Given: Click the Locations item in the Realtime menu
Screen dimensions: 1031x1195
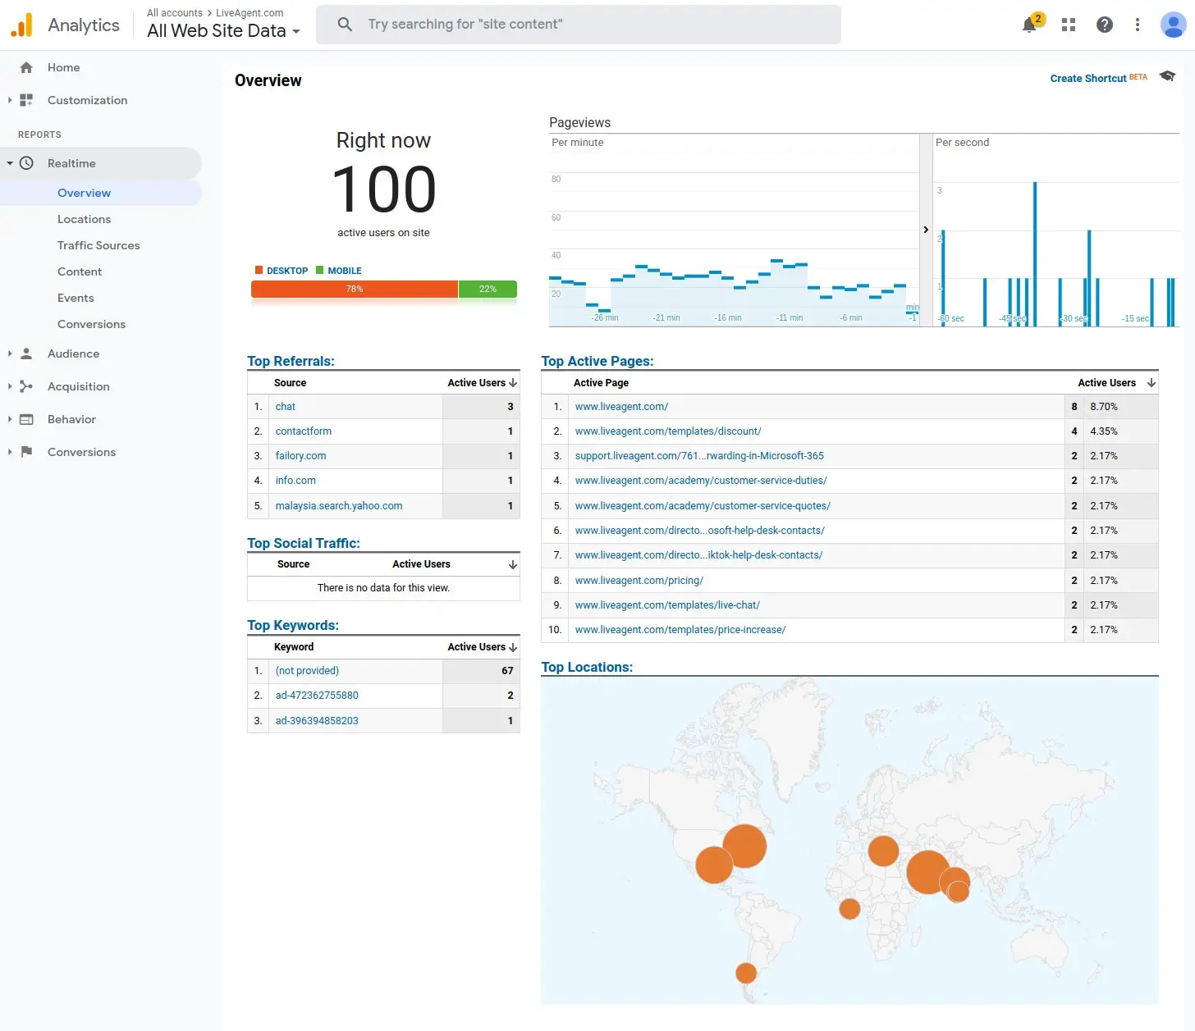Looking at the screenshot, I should pos(84,219).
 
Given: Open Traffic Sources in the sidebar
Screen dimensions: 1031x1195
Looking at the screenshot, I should pos(98,245).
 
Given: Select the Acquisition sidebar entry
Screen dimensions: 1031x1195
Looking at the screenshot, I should pos(78,386).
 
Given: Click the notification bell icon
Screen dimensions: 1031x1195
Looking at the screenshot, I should pos(1029,25).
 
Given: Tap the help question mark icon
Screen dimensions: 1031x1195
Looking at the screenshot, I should pos(1105,25).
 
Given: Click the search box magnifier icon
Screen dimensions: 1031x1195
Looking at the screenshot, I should pos(345,25).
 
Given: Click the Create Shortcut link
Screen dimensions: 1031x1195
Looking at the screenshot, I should pos(1087,79).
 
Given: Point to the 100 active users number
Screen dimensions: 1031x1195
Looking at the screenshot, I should pos(383,189).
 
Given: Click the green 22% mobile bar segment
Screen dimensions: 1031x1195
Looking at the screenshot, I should pos(488,289).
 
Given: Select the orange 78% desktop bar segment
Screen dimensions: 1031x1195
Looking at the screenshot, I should pos(354,289).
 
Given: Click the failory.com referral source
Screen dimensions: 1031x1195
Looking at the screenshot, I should pos(300,456).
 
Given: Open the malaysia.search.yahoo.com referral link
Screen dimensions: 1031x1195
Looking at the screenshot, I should pos(339,506).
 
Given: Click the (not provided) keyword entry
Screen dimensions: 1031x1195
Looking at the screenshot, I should pos(307,671).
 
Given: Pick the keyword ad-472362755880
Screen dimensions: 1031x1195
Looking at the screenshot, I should pos(317,696).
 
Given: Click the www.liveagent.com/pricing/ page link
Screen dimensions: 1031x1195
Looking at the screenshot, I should pos(639,581).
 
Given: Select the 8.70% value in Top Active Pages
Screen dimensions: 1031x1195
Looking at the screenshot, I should pos(1104,407).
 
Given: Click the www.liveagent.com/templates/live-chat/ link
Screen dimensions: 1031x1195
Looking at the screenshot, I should pos(667,605).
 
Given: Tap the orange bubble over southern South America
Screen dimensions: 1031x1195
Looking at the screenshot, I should pos(746,973).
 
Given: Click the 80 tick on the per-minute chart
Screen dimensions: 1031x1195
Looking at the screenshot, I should pos(556,179).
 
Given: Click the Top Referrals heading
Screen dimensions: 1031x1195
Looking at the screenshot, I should pos(291,361).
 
